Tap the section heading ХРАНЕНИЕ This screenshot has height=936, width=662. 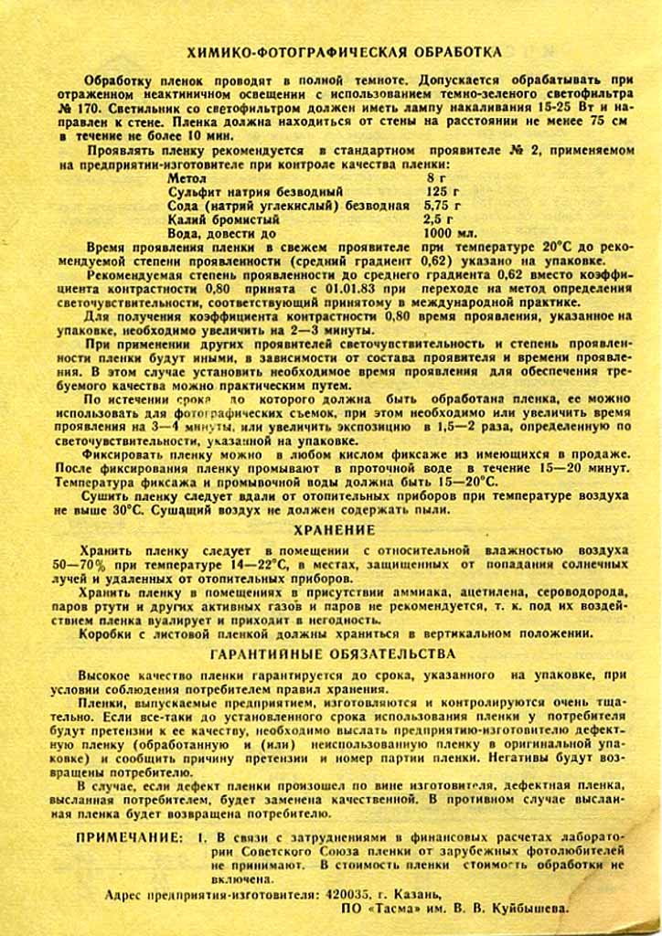(333, 529)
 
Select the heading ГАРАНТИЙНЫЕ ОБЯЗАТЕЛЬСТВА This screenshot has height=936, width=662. (333, 654)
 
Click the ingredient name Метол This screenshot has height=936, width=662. (187, 178)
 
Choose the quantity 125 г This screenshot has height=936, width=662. (443, 192)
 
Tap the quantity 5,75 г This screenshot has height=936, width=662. (443, 206)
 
